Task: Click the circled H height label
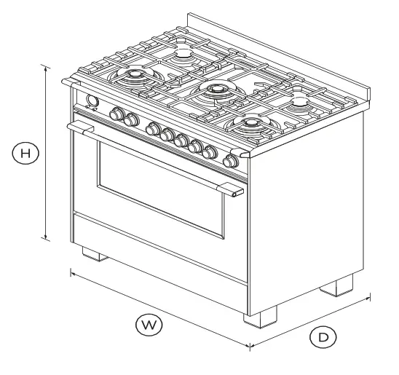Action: (x=25, y=154)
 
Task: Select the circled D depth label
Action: (x=324, y=337)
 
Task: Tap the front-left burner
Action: (x=136, y=76)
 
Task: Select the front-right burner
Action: (x=251, y=124)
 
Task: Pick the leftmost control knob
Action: (x=116, y=114)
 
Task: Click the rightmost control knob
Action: (x=232, y=161)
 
